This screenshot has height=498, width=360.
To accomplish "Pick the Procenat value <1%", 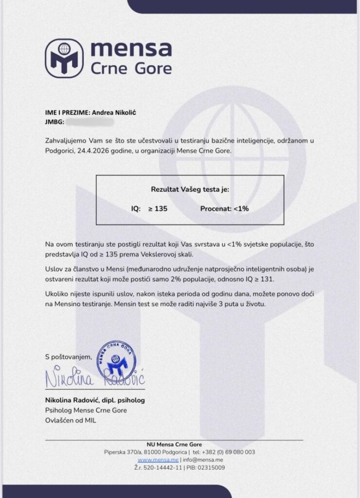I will [241, 209].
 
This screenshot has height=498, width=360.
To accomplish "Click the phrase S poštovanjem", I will [68, 357].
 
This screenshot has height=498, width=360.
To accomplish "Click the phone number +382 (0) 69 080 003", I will [230, 452].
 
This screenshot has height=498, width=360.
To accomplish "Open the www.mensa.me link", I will [158, 460].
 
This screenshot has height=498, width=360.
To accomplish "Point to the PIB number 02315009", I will [211, 467].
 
